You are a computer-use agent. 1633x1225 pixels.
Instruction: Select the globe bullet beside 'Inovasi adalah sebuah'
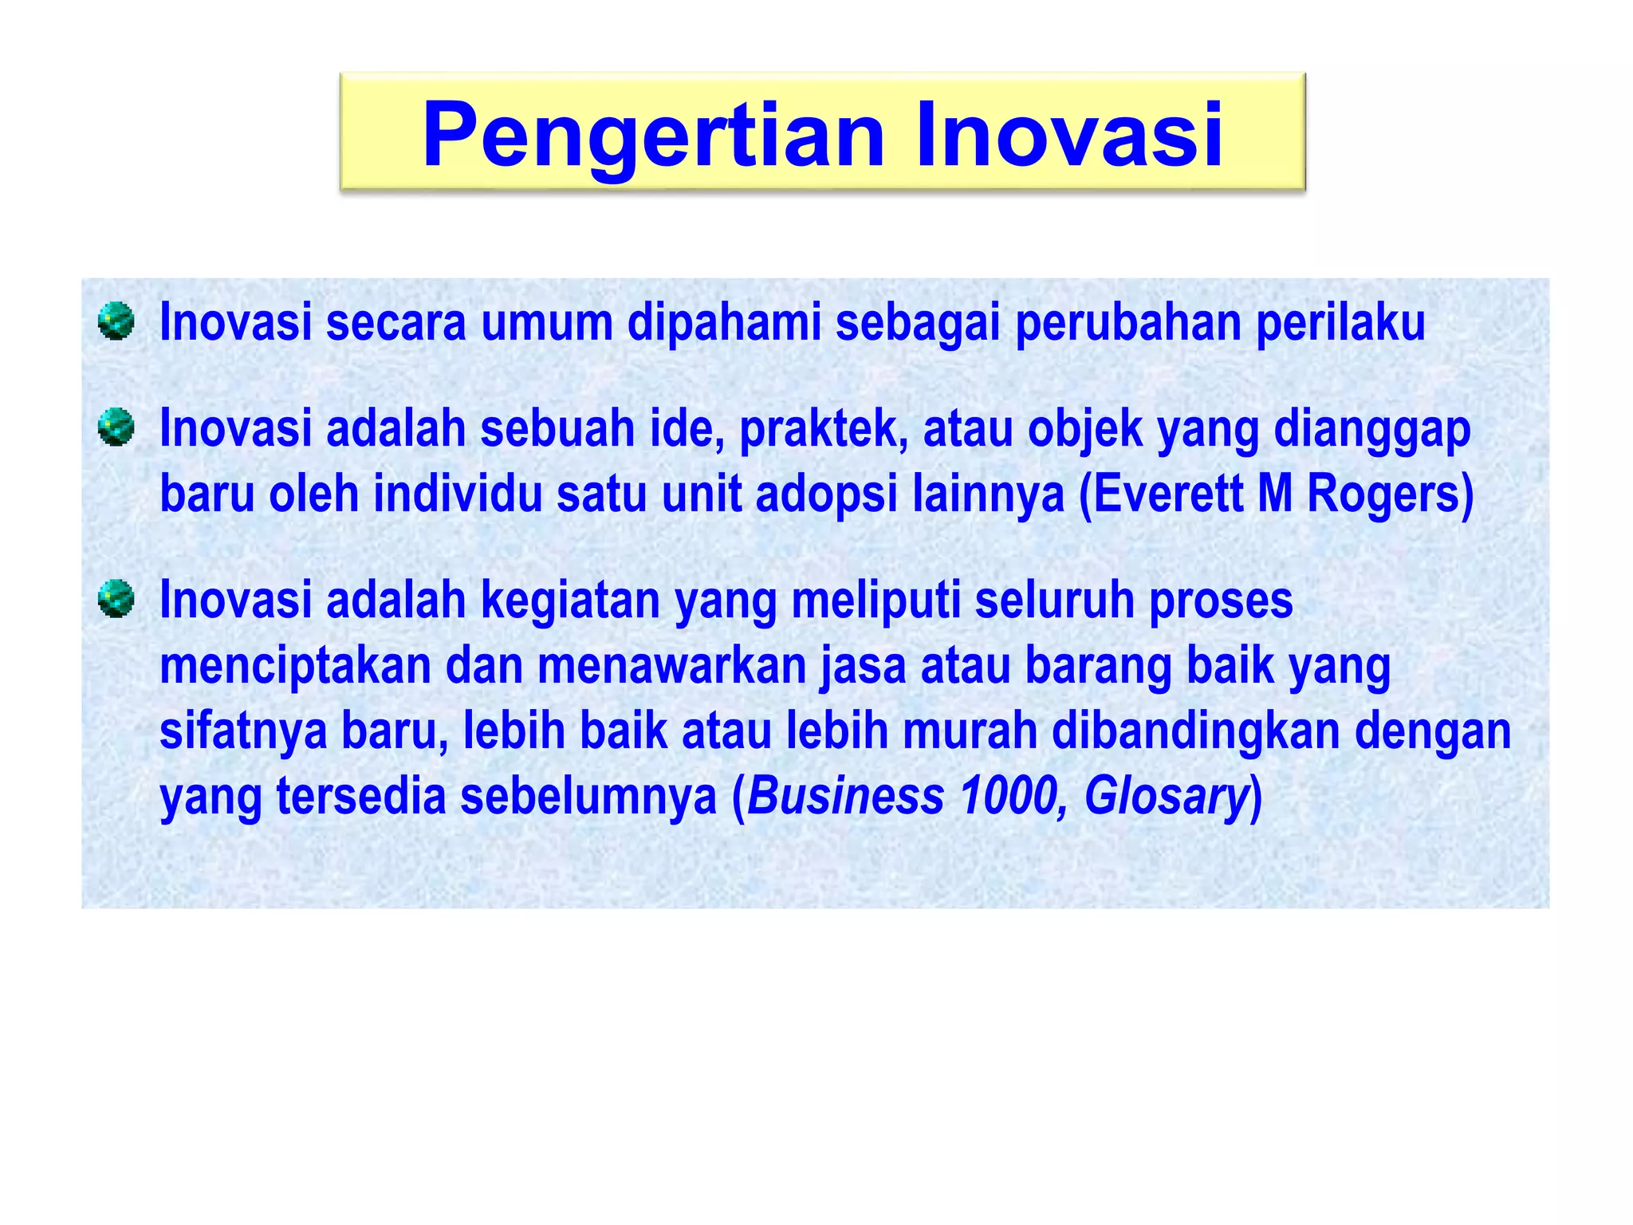click(x=116, y=427)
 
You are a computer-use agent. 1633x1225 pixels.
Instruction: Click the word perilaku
click(x=1340, y=323)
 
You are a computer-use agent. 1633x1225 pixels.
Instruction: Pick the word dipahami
click(x=724, y=323)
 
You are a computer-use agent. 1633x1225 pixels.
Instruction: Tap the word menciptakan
click(x=295, y=667)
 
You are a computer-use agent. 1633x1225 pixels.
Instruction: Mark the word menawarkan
click(x=672, y=667)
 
